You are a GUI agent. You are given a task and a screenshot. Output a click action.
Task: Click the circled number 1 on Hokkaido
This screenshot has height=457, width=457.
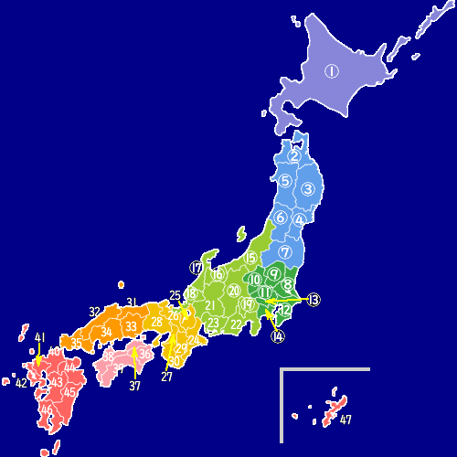331,70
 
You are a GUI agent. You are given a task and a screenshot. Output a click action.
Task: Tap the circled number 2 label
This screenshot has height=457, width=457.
294,156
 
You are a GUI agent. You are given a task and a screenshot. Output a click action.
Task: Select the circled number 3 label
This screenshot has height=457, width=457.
309,189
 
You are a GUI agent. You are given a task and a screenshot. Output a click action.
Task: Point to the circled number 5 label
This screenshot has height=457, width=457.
285,181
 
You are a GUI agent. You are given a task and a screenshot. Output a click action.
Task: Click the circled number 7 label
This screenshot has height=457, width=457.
285,251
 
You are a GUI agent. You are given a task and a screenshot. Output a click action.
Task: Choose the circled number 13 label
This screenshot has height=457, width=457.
314,299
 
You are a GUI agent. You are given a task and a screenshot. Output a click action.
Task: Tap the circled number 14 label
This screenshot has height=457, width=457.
278,336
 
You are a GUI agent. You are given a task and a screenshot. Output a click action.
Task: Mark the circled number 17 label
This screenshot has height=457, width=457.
197,268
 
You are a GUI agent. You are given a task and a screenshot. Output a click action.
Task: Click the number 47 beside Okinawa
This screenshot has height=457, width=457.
345,420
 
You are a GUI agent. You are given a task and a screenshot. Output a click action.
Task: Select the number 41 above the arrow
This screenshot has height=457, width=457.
39,338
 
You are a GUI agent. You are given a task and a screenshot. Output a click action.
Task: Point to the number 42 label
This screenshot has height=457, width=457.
21,383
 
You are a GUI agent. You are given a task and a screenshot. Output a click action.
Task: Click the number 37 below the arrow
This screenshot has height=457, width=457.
135,386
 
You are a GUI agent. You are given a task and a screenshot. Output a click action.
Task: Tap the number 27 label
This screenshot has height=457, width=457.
166,376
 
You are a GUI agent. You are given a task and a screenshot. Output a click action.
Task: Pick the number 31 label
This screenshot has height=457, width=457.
132,303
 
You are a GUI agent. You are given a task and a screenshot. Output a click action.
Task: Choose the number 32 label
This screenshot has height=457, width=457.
95,312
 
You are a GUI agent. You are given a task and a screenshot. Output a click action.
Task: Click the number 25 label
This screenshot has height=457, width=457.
175,295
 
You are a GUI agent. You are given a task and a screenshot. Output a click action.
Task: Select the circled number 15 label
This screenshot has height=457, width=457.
250,259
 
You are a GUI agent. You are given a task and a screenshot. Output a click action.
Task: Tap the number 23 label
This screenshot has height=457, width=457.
213,324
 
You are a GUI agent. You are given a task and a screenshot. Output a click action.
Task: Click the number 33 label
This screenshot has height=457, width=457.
132,326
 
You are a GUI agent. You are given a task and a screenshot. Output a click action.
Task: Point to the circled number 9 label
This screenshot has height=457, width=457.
273,277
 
